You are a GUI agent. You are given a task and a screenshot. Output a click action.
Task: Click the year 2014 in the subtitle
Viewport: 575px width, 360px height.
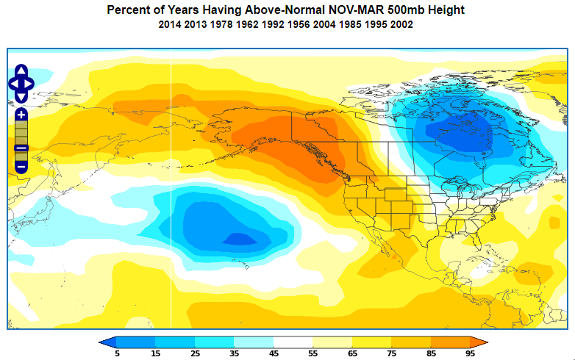(171, 24)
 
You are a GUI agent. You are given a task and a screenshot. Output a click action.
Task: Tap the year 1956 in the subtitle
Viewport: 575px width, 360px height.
(300, 24)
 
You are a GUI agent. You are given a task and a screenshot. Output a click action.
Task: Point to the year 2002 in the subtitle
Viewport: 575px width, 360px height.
(401, 24)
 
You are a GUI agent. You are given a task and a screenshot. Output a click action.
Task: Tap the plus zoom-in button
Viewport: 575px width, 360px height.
(21, 114)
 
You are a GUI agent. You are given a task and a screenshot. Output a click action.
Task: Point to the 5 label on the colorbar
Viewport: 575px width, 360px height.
(117, 353)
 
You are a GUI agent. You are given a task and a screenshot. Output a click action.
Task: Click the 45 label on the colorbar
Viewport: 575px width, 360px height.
(274, 353)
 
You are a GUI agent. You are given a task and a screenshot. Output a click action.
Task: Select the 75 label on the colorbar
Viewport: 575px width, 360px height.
(391, 353)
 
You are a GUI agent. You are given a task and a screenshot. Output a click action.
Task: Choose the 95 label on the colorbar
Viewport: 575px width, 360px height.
(470, 353)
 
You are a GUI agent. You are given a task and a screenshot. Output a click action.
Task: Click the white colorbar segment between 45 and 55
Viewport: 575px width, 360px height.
(293, 342)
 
